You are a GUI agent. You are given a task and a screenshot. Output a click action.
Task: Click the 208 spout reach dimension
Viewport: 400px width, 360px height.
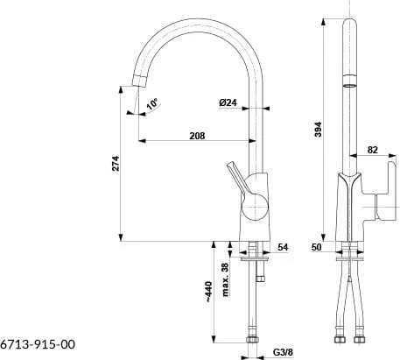(197, 136)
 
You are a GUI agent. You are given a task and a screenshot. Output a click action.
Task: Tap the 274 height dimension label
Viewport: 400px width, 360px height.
(116, 163)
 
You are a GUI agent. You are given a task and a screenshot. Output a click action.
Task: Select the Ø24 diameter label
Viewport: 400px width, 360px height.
(228, 102)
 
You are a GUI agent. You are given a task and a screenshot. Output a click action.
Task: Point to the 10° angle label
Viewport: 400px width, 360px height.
(152, 104)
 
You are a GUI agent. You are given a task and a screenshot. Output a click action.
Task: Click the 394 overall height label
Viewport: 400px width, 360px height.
(318, 129)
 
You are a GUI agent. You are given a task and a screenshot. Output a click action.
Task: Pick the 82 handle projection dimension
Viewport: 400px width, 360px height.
(373, 150)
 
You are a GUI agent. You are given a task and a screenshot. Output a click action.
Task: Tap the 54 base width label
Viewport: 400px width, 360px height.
(283, 247)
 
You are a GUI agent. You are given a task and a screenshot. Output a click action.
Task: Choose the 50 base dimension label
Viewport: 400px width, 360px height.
(317, 247)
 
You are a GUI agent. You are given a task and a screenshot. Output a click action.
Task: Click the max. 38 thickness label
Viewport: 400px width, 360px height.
(225, 279)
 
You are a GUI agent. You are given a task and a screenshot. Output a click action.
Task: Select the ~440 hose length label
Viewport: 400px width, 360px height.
(208, 292)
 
